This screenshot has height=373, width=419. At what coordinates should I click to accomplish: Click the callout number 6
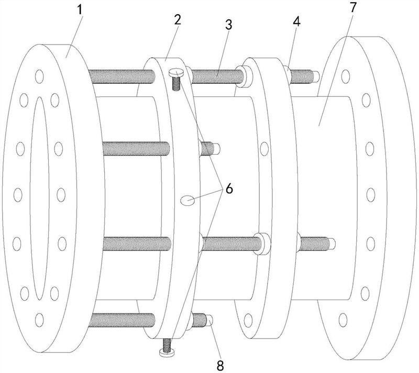[228, 189]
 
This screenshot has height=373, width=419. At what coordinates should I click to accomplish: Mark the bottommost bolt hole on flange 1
[40, 317]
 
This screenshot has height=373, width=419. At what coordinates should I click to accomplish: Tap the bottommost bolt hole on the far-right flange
[344, 318]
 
